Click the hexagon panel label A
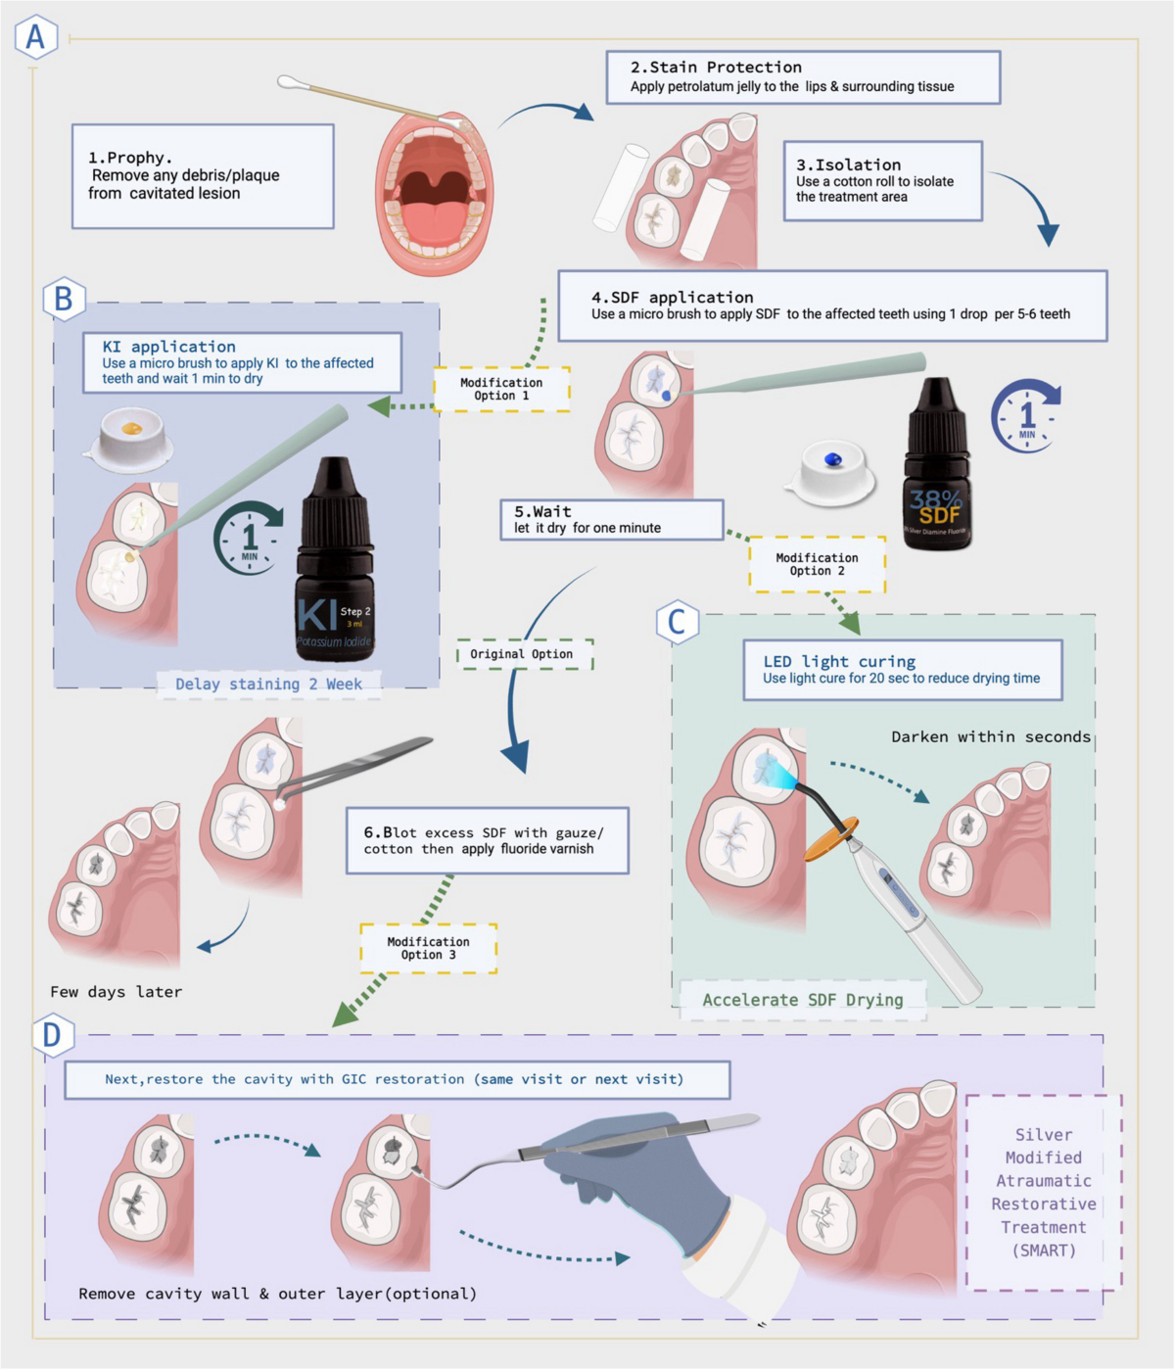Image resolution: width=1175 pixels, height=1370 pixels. [x=35, y=36]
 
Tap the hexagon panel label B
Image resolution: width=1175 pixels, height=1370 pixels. [x=64, y=298]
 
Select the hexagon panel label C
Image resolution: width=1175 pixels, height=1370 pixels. [x=677, y=622]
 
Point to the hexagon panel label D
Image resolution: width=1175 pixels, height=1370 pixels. [x=52, y=1035]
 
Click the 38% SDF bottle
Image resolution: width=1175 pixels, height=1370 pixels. [x=937, y=465]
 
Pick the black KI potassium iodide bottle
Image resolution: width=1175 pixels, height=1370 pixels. [x=335, y=563]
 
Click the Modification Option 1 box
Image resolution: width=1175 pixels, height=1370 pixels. [x=501, y=389]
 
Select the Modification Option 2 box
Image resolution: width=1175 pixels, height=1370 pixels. [x=817, y=564]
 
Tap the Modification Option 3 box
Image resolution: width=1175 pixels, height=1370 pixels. [x=428, y=948]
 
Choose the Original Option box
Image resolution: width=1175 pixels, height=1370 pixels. [x=522, y=654]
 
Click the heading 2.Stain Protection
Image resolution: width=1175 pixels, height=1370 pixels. [x=716, y=68]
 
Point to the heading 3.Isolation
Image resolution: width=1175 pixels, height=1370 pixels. [x=848, y=165]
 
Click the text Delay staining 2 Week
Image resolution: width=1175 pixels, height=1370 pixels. [x=268, y=685]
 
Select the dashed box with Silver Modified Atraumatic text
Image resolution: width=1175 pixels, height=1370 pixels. [x=1043, y=1192]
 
